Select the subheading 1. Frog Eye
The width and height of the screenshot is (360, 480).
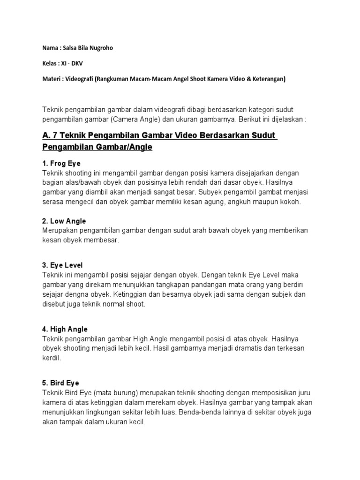61,164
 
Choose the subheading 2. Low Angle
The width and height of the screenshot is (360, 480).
64,221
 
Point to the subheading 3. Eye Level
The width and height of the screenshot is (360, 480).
62,265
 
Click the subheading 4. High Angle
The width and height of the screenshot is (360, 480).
65,329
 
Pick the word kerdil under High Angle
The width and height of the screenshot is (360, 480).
51,358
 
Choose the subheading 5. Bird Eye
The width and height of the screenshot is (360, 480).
61,383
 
